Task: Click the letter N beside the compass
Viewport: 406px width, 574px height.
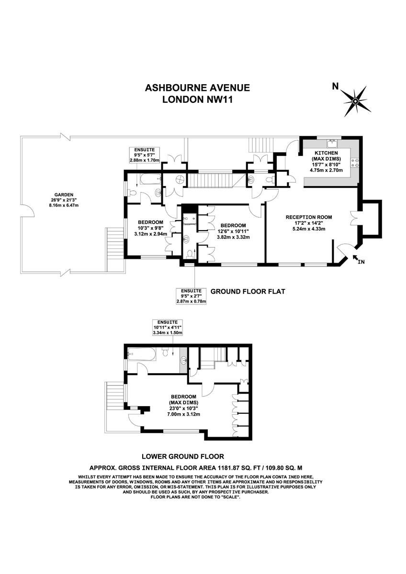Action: (335, 87)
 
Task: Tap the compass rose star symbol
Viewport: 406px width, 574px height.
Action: (355, 101)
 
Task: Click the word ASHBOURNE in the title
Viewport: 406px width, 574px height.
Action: (174, 88)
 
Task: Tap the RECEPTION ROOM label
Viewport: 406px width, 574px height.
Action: (309, 217)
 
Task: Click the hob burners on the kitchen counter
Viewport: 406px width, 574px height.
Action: (355, 163)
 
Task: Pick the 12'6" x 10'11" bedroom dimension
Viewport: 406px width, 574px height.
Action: (233, 232)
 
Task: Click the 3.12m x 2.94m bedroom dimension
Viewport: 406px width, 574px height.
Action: (150, 234)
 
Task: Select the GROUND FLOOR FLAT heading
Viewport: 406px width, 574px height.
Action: (248, 291)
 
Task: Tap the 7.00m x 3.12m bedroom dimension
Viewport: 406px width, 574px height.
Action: (183, 414)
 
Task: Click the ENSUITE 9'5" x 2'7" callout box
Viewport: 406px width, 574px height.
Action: (191, 296)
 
